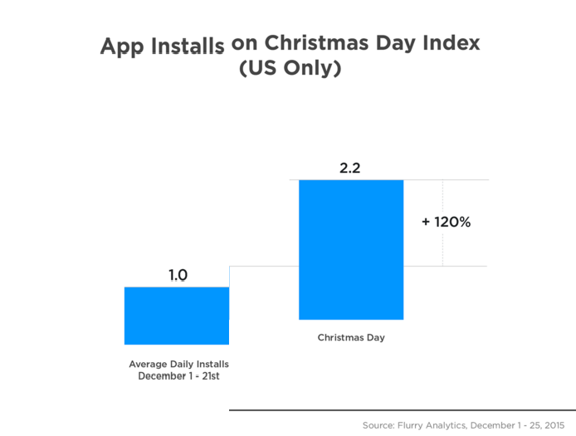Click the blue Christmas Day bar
351,249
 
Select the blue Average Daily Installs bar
177,316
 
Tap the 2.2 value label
350,169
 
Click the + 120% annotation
447,222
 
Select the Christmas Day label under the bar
351,338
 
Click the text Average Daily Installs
178,365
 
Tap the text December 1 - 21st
178,376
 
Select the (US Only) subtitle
290,69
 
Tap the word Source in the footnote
378,425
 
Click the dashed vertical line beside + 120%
442,249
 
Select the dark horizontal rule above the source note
402,410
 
